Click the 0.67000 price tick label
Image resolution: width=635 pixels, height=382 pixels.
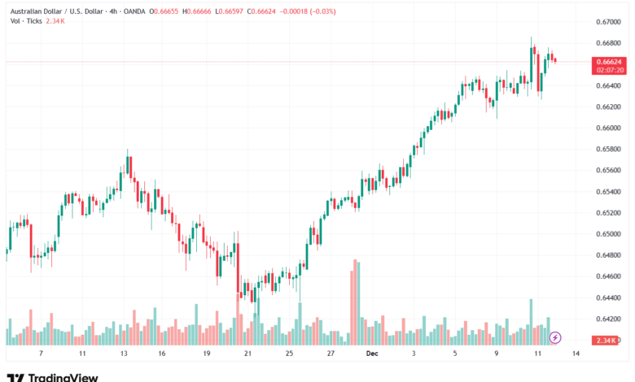click(608, 21)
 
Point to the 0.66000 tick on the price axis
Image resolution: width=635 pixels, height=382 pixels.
click(608, 128)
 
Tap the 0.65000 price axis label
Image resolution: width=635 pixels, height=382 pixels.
click(608, 234)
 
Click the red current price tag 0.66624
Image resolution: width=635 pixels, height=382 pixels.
click(608, 61)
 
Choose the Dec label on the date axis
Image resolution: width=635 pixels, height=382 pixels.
click(371, 354)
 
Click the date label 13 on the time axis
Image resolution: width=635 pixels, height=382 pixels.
click(124, 354)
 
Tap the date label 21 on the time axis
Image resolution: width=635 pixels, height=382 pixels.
click(247, 354)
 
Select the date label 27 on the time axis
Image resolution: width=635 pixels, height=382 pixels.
click(331, 354)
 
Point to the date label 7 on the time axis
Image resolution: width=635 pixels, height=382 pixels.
click(40, 354)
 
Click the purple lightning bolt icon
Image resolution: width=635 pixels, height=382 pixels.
click(555, 336)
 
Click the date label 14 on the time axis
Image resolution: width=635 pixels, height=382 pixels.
click(576, 354)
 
